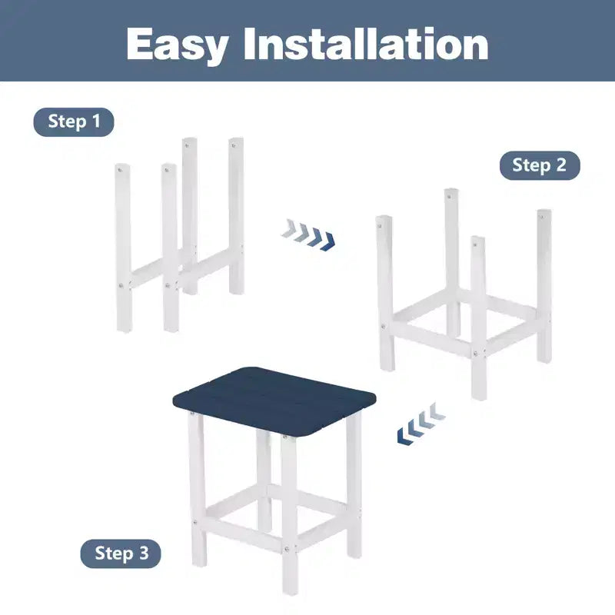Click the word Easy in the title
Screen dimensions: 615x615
point(178,45)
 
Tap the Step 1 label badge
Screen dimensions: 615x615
point(74,122)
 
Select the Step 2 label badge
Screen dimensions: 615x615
point(540,165)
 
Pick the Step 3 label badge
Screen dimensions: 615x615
point(121,553)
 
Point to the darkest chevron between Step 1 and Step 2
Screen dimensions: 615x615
point(328,241)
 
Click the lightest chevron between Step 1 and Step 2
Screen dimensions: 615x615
point(289,228)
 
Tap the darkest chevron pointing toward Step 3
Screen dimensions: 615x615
point(405,437)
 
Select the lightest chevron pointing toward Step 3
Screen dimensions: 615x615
point(437,411)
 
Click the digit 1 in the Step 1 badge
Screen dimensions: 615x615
point(97,121)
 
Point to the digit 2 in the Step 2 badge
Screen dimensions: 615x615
point(561,165)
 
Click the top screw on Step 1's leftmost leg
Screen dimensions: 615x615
point(121,170)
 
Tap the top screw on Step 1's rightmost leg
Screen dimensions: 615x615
point(234,146)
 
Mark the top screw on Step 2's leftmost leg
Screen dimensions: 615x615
point(379,225)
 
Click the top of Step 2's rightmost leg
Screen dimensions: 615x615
point(544,212)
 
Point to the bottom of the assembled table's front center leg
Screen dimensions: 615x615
point(290,592)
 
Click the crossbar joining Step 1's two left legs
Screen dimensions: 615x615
point(146,273)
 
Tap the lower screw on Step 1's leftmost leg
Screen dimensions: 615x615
point(121,285)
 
